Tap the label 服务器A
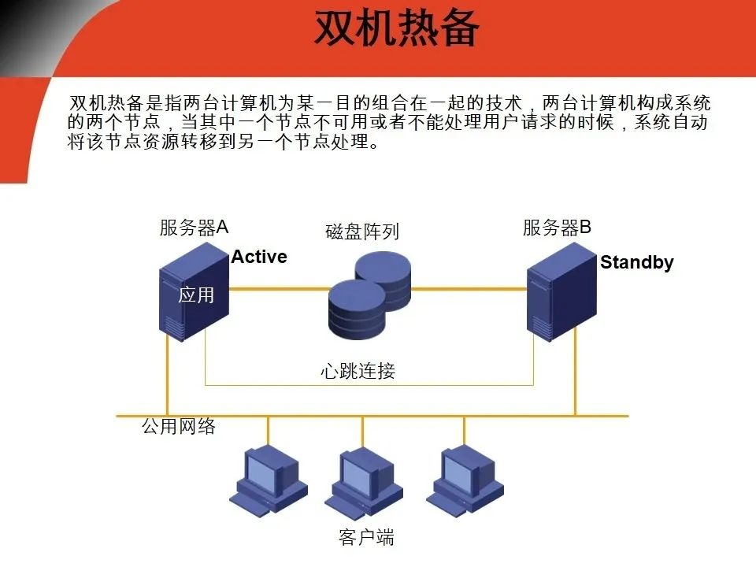[194, 228]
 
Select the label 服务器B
[557, 228]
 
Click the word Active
[259, 257]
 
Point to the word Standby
[636, 262]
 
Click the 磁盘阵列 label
[362, 232]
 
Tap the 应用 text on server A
[196, 295]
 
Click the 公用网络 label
[179, 427]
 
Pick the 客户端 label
[366, 538]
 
